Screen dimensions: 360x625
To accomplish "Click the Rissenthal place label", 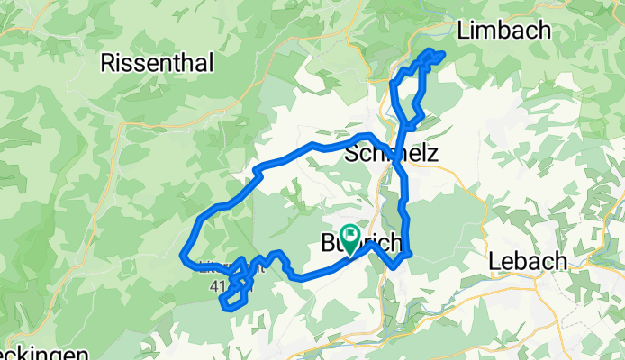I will (x=158, y=64).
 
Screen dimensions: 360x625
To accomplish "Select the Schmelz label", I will (x=391, y=154).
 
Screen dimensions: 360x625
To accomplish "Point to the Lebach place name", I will (x=528, y=261).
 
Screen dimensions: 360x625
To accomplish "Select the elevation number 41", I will (x=217, y=286).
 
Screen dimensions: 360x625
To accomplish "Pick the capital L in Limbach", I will (x=464, y=31).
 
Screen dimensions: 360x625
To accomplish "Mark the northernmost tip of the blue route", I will (x=431, y=52).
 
